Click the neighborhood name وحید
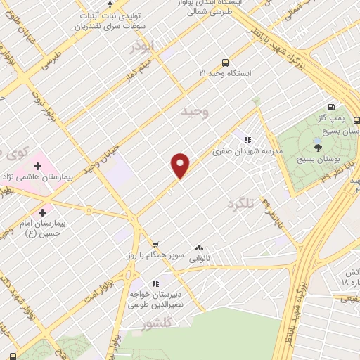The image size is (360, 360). [195, 111]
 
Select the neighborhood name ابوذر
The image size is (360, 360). [141, 46]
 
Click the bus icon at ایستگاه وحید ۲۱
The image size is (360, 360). [224, 62]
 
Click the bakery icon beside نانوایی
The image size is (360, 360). [199, 247]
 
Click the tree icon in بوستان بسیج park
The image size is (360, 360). [318, 147]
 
